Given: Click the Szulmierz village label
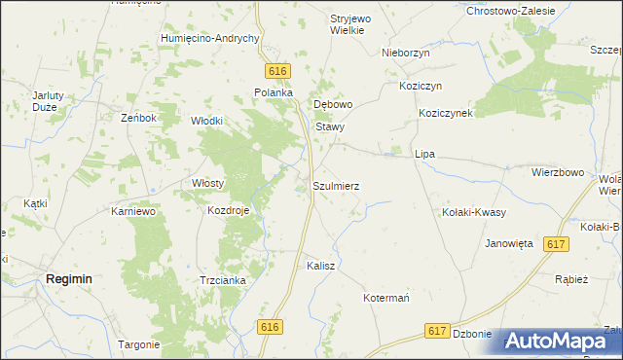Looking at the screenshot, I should coord(336,185).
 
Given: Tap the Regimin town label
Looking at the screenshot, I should coord(69,278).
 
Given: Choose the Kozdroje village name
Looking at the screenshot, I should coord(229,210).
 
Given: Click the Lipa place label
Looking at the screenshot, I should coord(424,154).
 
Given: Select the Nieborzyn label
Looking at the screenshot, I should coord(406,53).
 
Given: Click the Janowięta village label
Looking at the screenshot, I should coord(509,244).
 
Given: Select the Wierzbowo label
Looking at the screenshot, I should coord(557,172).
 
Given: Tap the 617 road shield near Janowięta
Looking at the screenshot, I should coord(557,246).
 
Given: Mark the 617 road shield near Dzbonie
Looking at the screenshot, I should coord(438,332).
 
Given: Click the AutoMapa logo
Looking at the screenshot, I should coord(557,341).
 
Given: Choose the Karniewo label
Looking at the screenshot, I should coord(135,210).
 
